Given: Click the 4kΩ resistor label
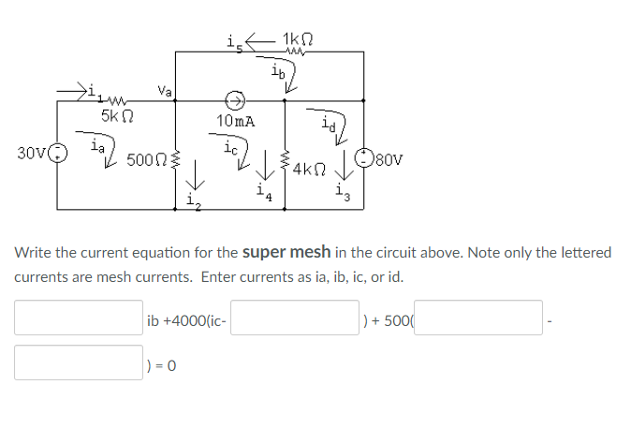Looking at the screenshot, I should (308, 170).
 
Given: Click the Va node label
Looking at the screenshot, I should (165, 90).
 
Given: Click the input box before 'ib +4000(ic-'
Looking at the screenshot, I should (79, 318).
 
